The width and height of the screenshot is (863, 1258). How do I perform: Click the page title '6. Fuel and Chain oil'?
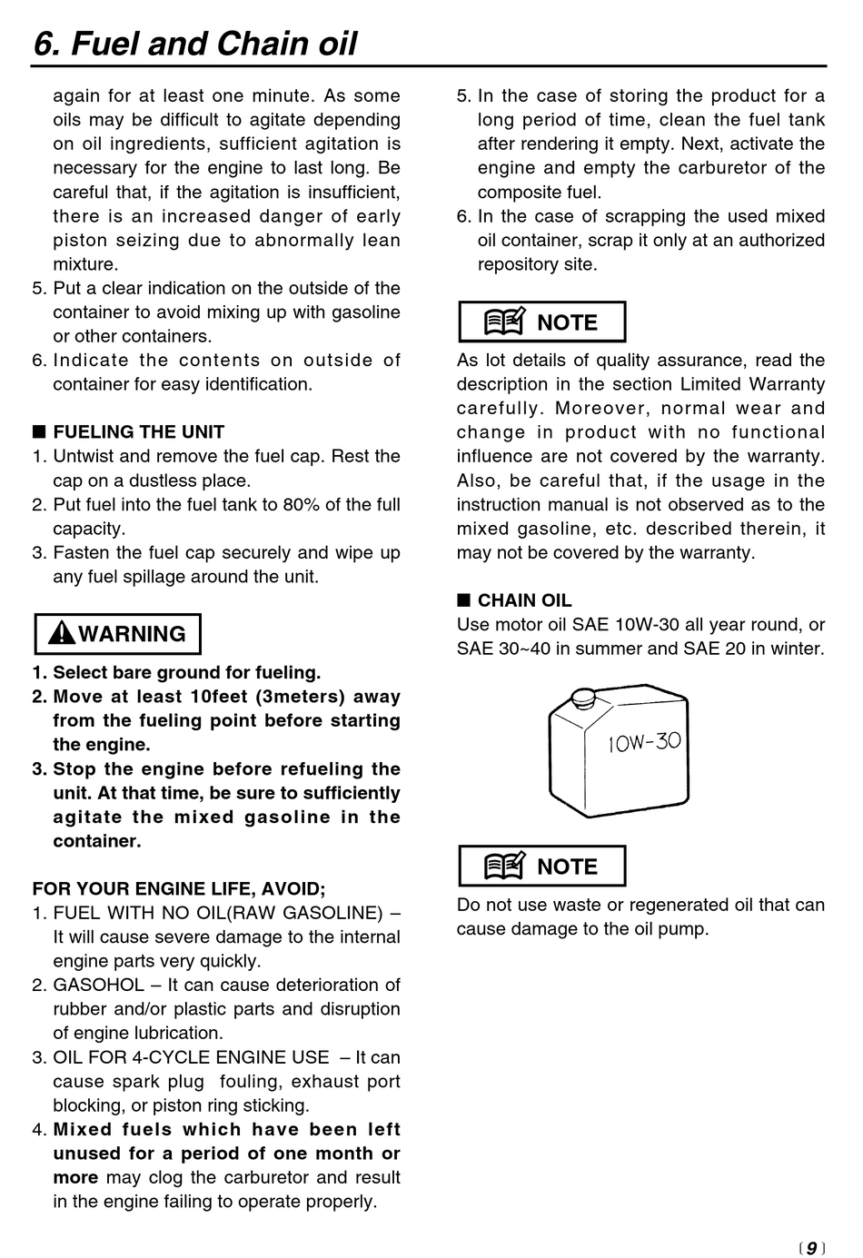tap(195, 44)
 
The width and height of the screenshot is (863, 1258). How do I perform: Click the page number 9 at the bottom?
tap(811, 1247)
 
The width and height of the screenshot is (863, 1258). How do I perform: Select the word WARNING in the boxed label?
tap(132, 634)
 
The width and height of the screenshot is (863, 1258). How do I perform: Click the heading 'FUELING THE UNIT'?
tap(138, 432)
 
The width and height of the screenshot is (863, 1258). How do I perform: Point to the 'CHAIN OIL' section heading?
tap(524, 600)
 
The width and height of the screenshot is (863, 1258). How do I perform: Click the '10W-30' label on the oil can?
tap(644, 742)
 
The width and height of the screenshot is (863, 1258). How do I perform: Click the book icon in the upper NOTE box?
tap(504, 322)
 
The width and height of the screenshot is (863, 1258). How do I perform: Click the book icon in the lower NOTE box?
tap(504, 867)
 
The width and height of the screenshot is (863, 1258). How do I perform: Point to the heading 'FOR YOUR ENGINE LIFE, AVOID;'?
tap(179, 889)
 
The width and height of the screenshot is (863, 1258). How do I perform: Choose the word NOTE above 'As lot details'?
tap(568, 322)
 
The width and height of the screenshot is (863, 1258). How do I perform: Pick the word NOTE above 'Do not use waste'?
tap(568, 867)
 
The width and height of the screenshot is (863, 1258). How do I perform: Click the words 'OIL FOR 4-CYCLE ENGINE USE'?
tap(191, 1057)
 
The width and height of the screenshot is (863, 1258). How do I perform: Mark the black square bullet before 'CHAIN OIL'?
tap(463, 599)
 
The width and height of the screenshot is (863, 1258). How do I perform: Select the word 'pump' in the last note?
tap(686, 929)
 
